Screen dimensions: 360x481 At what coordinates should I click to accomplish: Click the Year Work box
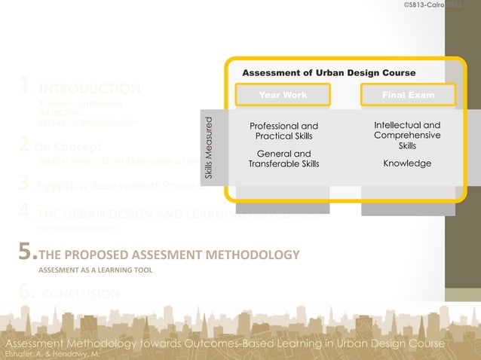(283, 96)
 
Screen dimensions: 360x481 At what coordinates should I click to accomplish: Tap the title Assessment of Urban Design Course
(329, 73)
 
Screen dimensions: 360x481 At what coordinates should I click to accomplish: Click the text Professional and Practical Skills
(283, 130)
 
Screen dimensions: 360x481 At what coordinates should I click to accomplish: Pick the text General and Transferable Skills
(283, 159)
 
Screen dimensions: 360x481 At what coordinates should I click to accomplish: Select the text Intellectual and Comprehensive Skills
(407, 135)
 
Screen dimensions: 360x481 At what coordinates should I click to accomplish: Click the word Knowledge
(407, 163)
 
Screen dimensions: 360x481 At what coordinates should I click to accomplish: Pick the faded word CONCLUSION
(80, 293)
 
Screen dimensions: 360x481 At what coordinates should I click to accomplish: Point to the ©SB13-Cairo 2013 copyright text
(431, 6)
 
